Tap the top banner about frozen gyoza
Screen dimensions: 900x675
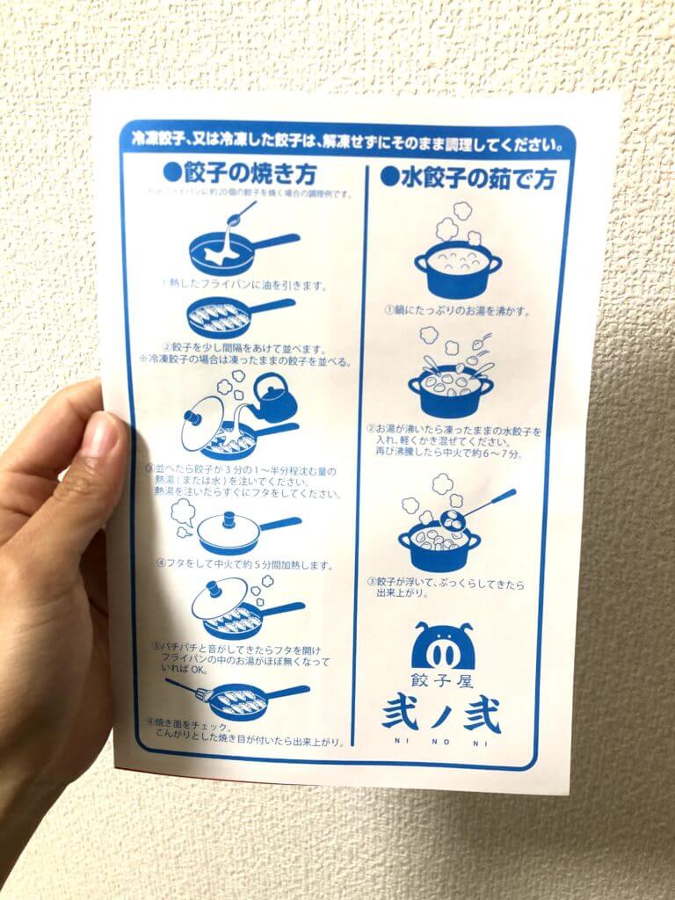pos(346,141)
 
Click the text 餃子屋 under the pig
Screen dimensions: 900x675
pos(442,680)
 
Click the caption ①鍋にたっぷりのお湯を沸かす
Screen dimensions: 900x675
pos(457,310)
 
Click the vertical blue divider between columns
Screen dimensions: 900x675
pos(360,457)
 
